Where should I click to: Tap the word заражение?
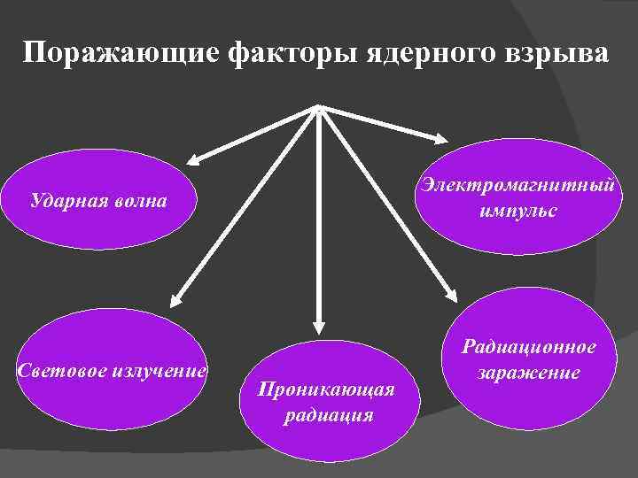[530, 373]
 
